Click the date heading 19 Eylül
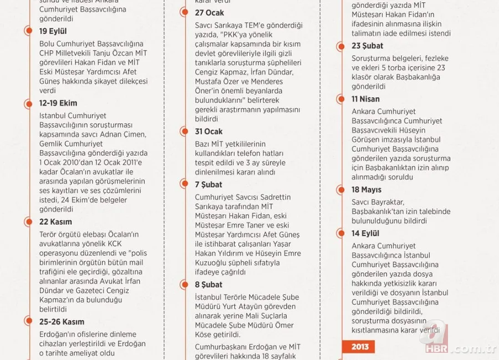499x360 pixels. tap(53, 31)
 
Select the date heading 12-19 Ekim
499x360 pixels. tap(58, 103)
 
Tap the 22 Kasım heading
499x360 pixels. tap(55, 222)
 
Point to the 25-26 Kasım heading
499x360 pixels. tap(62, 322)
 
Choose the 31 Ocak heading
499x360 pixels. tap(208, 131)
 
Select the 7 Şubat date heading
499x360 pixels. tap(209, 184)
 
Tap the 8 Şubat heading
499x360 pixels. tap(208, 285)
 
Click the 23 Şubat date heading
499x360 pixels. tap(367, 46)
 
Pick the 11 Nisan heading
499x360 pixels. tap(365, 99)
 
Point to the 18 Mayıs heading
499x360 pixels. tap(366, 190)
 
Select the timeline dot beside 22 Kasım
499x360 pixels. tap(29, 222)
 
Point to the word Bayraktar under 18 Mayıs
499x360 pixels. tap(389, 202)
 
